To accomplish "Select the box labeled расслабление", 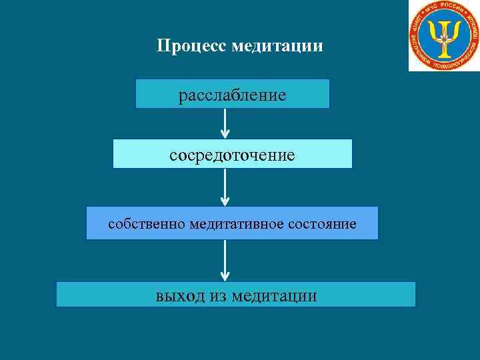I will pos(232,94).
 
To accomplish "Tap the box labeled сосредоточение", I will pos(232,154).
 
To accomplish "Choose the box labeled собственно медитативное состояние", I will pos(232,223).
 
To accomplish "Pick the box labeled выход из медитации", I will pos(235,295).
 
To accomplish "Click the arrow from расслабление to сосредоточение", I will pos(225,123).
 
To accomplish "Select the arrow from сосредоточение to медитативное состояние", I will pos(225,187).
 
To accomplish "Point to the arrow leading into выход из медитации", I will pos(225,260).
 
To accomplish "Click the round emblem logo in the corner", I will pos(443,35).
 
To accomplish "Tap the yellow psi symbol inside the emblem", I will pos(443,34).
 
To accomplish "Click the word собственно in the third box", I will pos(146,224).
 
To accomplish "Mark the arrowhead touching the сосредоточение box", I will pos(225,134).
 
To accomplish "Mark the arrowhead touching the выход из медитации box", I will pos(225,277).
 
